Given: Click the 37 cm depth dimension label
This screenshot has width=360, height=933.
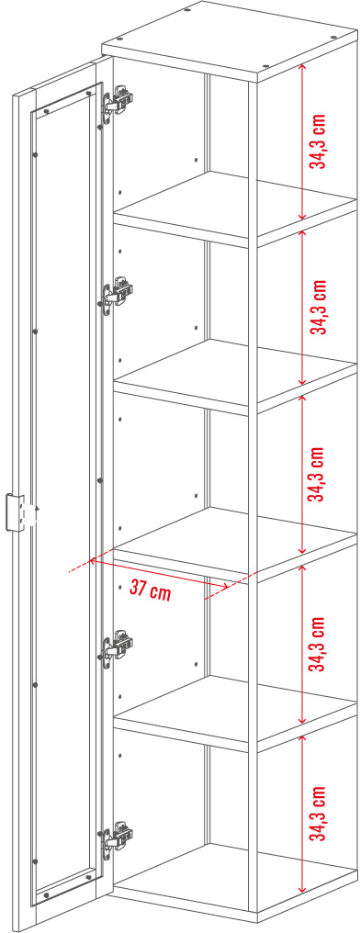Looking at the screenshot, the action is [x=150, y=590].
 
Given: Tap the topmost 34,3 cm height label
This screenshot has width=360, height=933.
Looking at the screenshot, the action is [x=321, y=141].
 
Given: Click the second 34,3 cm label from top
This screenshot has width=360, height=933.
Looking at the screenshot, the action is [x=320, y=307].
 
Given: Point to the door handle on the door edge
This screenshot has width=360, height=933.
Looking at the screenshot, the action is [x=16, y=512].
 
